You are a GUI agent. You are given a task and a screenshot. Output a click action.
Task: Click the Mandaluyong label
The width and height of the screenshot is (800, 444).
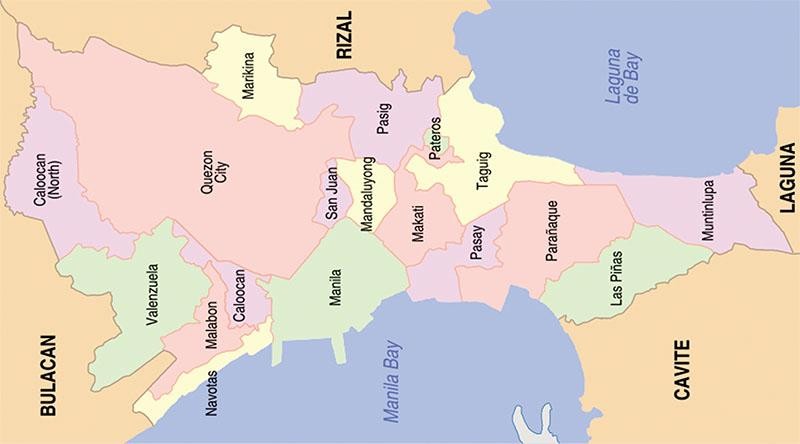(x=367, y=194)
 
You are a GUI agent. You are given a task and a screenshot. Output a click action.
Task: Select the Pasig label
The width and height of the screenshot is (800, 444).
(x=384, y=118)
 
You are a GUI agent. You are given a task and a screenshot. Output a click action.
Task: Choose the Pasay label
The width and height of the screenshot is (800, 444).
(x=476, y=243)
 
